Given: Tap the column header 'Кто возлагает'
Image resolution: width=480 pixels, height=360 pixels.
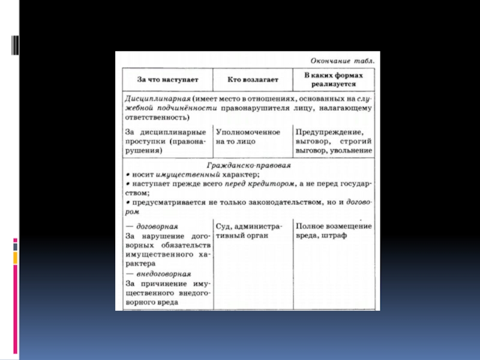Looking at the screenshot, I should [x=251, y=79].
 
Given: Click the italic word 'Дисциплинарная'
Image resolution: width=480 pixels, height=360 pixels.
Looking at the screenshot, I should [x=157, y=98].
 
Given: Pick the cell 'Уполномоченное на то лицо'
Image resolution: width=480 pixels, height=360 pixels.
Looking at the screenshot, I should [x=247, y=136].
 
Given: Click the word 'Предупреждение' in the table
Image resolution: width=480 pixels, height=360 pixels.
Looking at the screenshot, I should [x=328, y=131].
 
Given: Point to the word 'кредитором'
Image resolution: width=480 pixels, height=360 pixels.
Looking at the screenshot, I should [x=266, y=184].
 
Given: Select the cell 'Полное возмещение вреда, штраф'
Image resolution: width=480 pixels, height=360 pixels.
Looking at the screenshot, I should [x=333, y=231].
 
